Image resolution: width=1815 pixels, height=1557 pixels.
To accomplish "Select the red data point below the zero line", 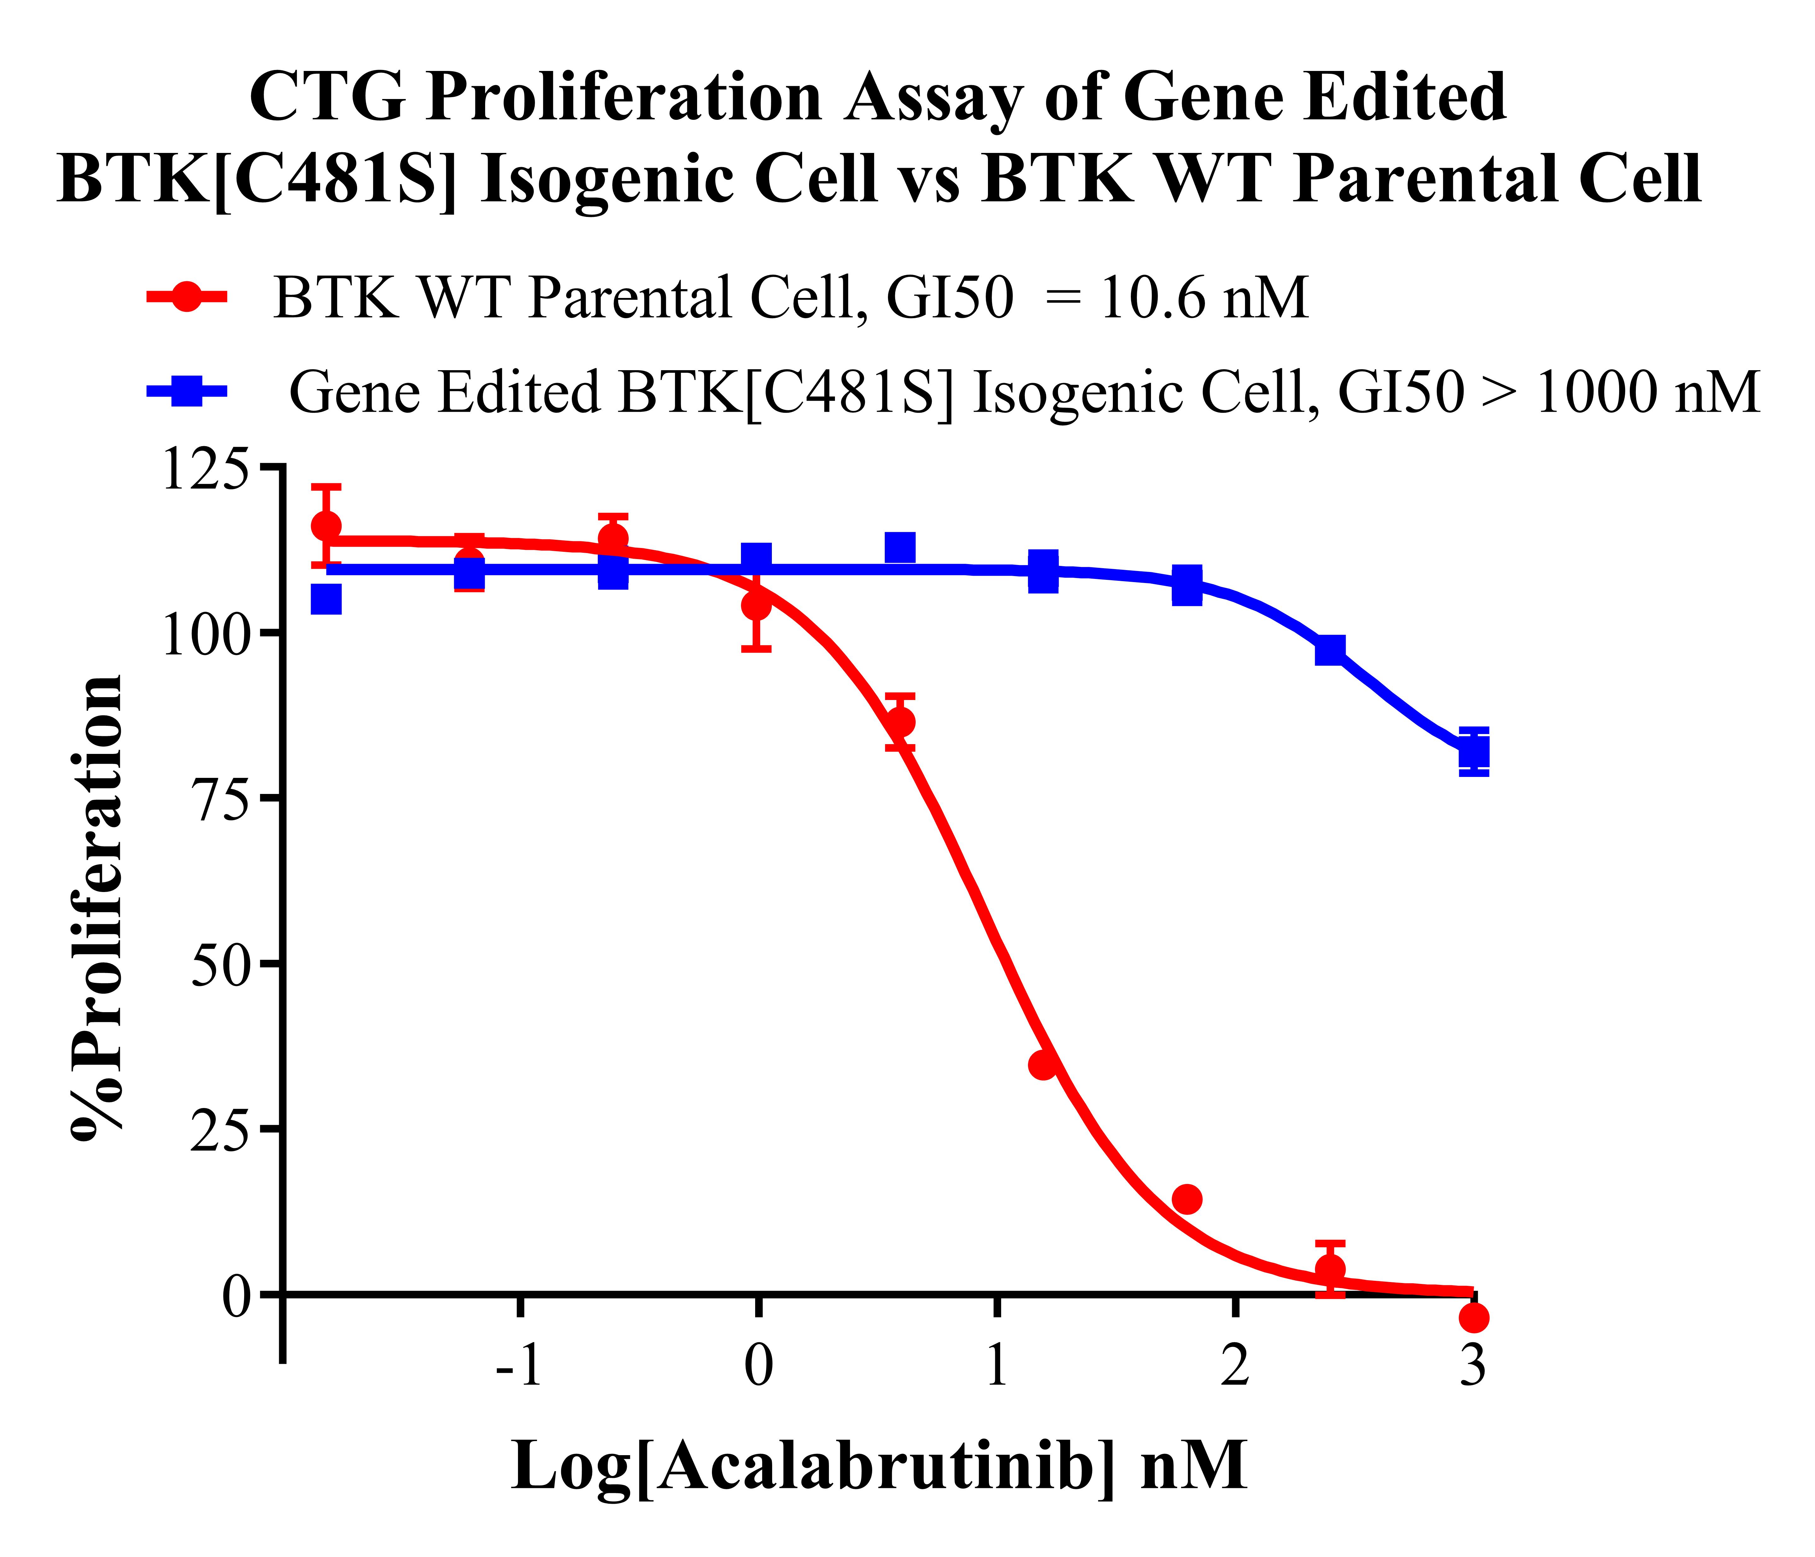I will coord(1474,1317).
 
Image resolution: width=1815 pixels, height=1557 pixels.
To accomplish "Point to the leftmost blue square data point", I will coord(326,600).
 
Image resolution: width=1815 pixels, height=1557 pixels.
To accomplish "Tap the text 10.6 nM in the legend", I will coord(1204,298).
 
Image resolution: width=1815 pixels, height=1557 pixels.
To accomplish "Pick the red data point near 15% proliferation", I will coord(1187,1199).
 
